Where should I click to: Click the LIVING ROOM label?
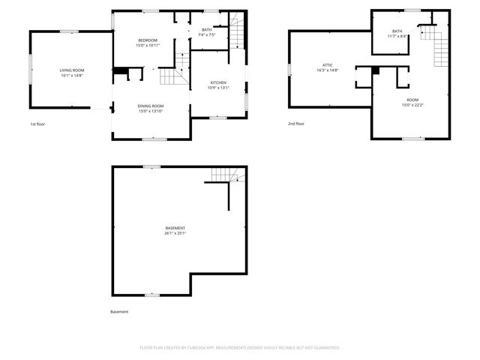pyautogui.click(x=72, y=70)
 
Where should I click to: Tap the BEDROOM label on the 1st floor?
pyautogui.click(x=148, y=40)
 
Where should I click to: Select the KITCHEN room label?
pyautogui.click(x=218, y=82)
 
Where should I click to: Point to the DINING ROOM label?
pyautogui.click(x=151, y=106)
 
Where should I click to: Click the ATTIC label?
pyautogui.click(x=328, y=65)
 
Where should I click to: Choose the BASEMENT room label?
pyautogui.click(x=175, y=228)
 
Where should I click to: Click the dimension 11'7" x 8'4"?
pyautogui.click(x=397, y=36)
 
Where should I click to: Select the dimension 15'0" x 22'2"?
pyautogui.click(x=412, y=105)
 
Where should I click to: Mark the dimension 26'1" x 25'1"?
pyautogui.click(x=175, y=233)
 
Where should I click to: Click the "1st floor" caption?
pyautogui.click(x=38, y=124)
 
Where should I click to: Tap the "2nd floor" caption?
pyautogui.click(x=296, y=124)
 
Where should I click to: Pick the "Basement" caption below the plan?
pyautogui.click(x=119, y=311)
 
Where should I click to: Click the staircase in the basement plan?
pyautogui.click(x=227, y=175)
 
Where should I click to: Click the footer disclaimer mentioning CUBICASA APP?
pyautogui.click(x=240, y=348)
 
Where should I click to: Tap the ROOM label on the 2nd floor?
pyautogui.click(x=412, y=100)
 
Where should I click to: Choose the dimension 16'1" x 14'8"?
pyautogui.click(x=72, y=75)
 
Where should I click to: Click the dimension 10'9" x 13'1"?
pyautogui.click(x=218, y=88)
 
